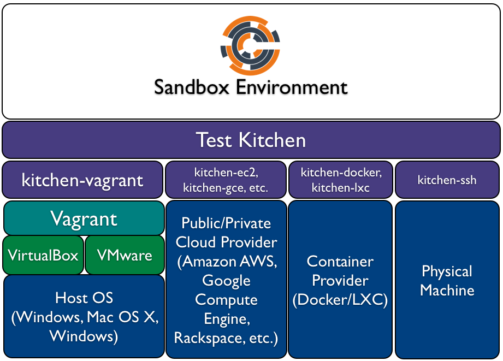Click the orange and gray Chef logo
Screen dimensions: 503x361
(250, 45)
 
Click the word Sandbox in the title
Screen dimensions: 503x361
(192, 87)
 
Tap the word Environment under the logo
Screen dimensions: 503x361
(292, 87)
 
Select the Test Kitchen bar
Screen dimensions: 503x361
(251, 140)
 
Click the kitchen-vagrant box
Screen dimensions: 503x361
(82, 180)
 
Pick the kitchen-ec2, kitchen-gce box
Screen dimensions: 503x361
(226, 180)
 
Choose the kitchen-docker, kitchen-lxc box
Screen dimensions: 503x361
(341, 180)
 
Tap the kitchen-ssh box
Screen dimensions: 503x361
(447, 180)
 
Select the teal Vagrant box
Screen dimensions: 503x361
(84, 218)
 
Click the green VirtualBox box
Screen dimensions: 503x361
(43, 255)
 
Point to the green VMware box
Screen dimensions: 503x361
(125, 255)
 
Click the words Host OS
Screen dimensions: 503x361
(84, 298)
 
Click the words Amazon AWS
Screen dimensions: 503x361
(229, 262)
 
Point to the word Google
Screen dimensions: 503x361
(226, 281)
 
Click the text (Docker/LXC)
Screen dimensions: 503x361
(340, 300)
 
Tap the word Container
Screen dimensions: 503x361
(340, 262)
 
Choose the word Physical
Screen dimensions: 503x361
(447, 271)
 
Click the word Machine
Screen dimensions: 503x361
(447, 291)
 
